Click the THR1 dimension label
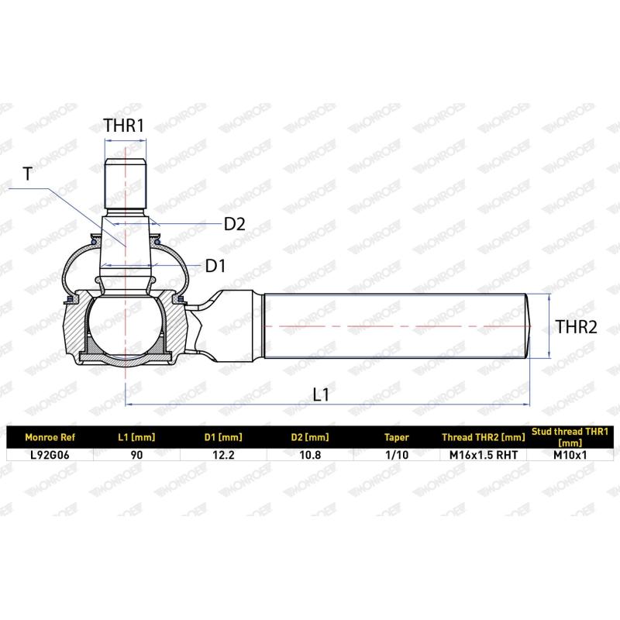(x=125, y=126)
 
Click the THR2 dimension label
(x=577, y=327)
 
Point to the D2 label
(x=234, y=224)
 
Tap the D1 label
(x=215, y=266)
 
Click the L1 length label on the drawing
(x=322, y=394)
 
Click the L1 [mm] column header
(x=136, y=436)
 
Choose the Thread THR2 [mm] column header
(x=482, y=436)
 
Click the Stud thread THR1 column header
(x=569, y=436)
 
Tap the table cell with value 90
(x=136, y=454)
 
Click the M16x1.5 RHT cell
(x=482, y=454)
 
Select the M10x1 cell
(x=569, y=454)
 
